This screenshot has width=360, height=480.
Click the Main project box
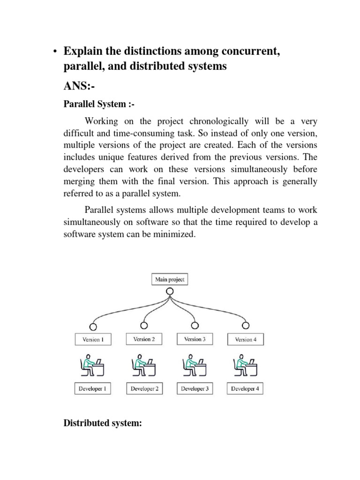coord(170,280)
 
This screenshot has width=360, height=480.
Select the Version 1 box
coord(93,339)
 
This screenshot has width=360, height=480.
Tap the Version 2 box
coord(144,339)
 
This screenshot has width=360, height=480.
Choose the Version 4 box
coord(246,339)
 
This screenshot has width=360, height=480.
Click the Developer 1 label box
coord(93,389)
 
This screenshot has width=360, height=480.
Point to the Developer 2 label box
coord(144,389)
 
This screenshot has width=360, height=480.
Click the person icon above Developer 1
coord(92,365)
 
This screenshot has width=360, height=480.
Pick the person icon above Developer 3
coord(194,365)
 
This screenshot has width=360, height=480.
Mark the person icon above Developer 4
coord(244,365)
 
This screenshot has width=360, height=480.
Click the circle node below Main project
coord(170,291)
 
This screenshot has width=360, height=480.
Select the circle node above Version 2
coord(144,325)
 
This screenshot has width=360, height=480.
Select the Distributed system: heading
coord(102,424)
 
